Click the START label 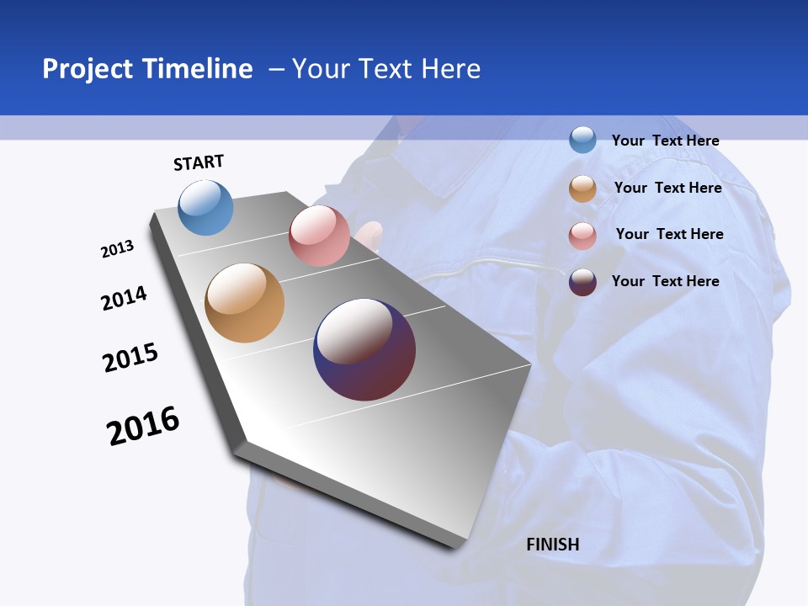pos(199,162)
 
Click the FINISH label pos(553,545)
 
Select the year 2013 pos(117,249)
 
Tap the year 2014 pos(124,299)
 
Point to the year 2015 pos(130,358)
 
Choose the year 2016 pos(143,426)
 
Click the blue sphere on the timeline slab pos(206,207)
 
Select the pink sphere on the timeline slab pos(319,236)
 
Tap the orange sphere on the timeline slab pos(245,303)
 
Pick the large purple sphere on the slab pos(364,348)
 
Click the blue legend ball pos(582,140)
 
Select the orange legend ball pos(582,189)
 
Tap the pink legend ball pos(582,236)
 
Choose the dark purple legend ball pos(582,282)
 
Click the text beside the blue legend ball pos(665,141)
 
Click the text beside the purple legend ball pos(665,281)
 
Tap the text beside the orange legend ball pos(667,188)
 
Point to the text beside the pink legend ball pos(669,234)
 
